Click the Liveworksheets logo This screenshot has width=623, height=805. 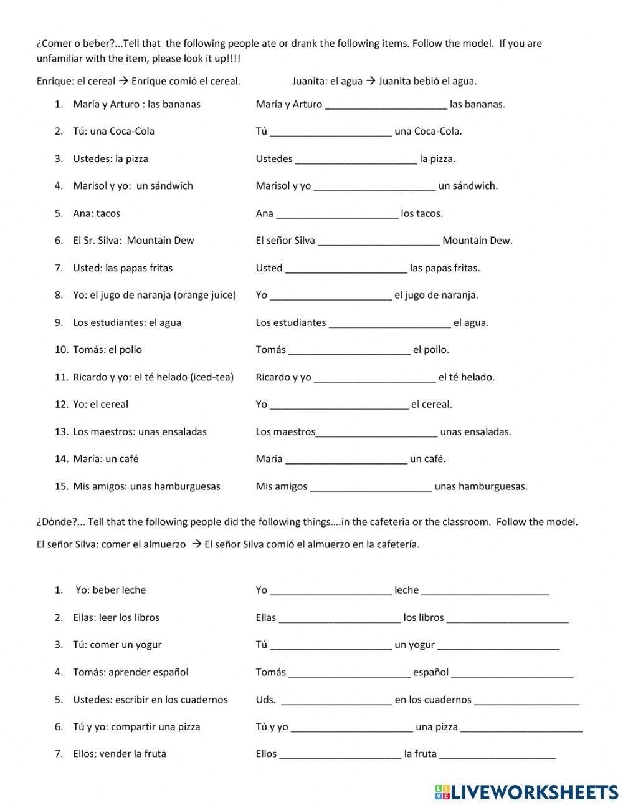[526, 792]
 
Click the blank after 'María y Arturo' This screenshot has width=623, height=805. [386, 105]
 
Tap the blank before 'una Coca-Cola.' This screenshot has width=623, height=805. [331, 132]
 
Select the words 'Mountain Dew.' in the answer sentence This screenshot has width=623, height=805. [477, 241]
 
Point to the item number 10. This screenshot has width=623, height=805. [61, 350]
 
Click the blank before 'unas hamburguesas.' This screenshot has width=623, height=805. [371, 487]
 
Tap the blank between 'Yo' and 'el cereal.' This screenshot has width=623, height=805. [339, 405]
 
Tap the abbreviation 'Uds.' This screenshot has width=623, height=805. [265, 700]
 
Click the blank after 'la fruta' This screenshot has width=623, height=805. [497, 754]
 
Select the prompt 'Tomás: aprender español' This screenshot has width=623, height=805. [130, 672]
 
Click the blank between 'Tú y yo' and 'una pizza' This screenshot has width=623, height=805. [351, 727]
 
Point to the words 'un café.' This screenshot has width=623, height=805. [427, 459]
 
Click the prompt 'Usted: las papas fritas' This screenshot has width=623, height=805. [123, 268]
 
